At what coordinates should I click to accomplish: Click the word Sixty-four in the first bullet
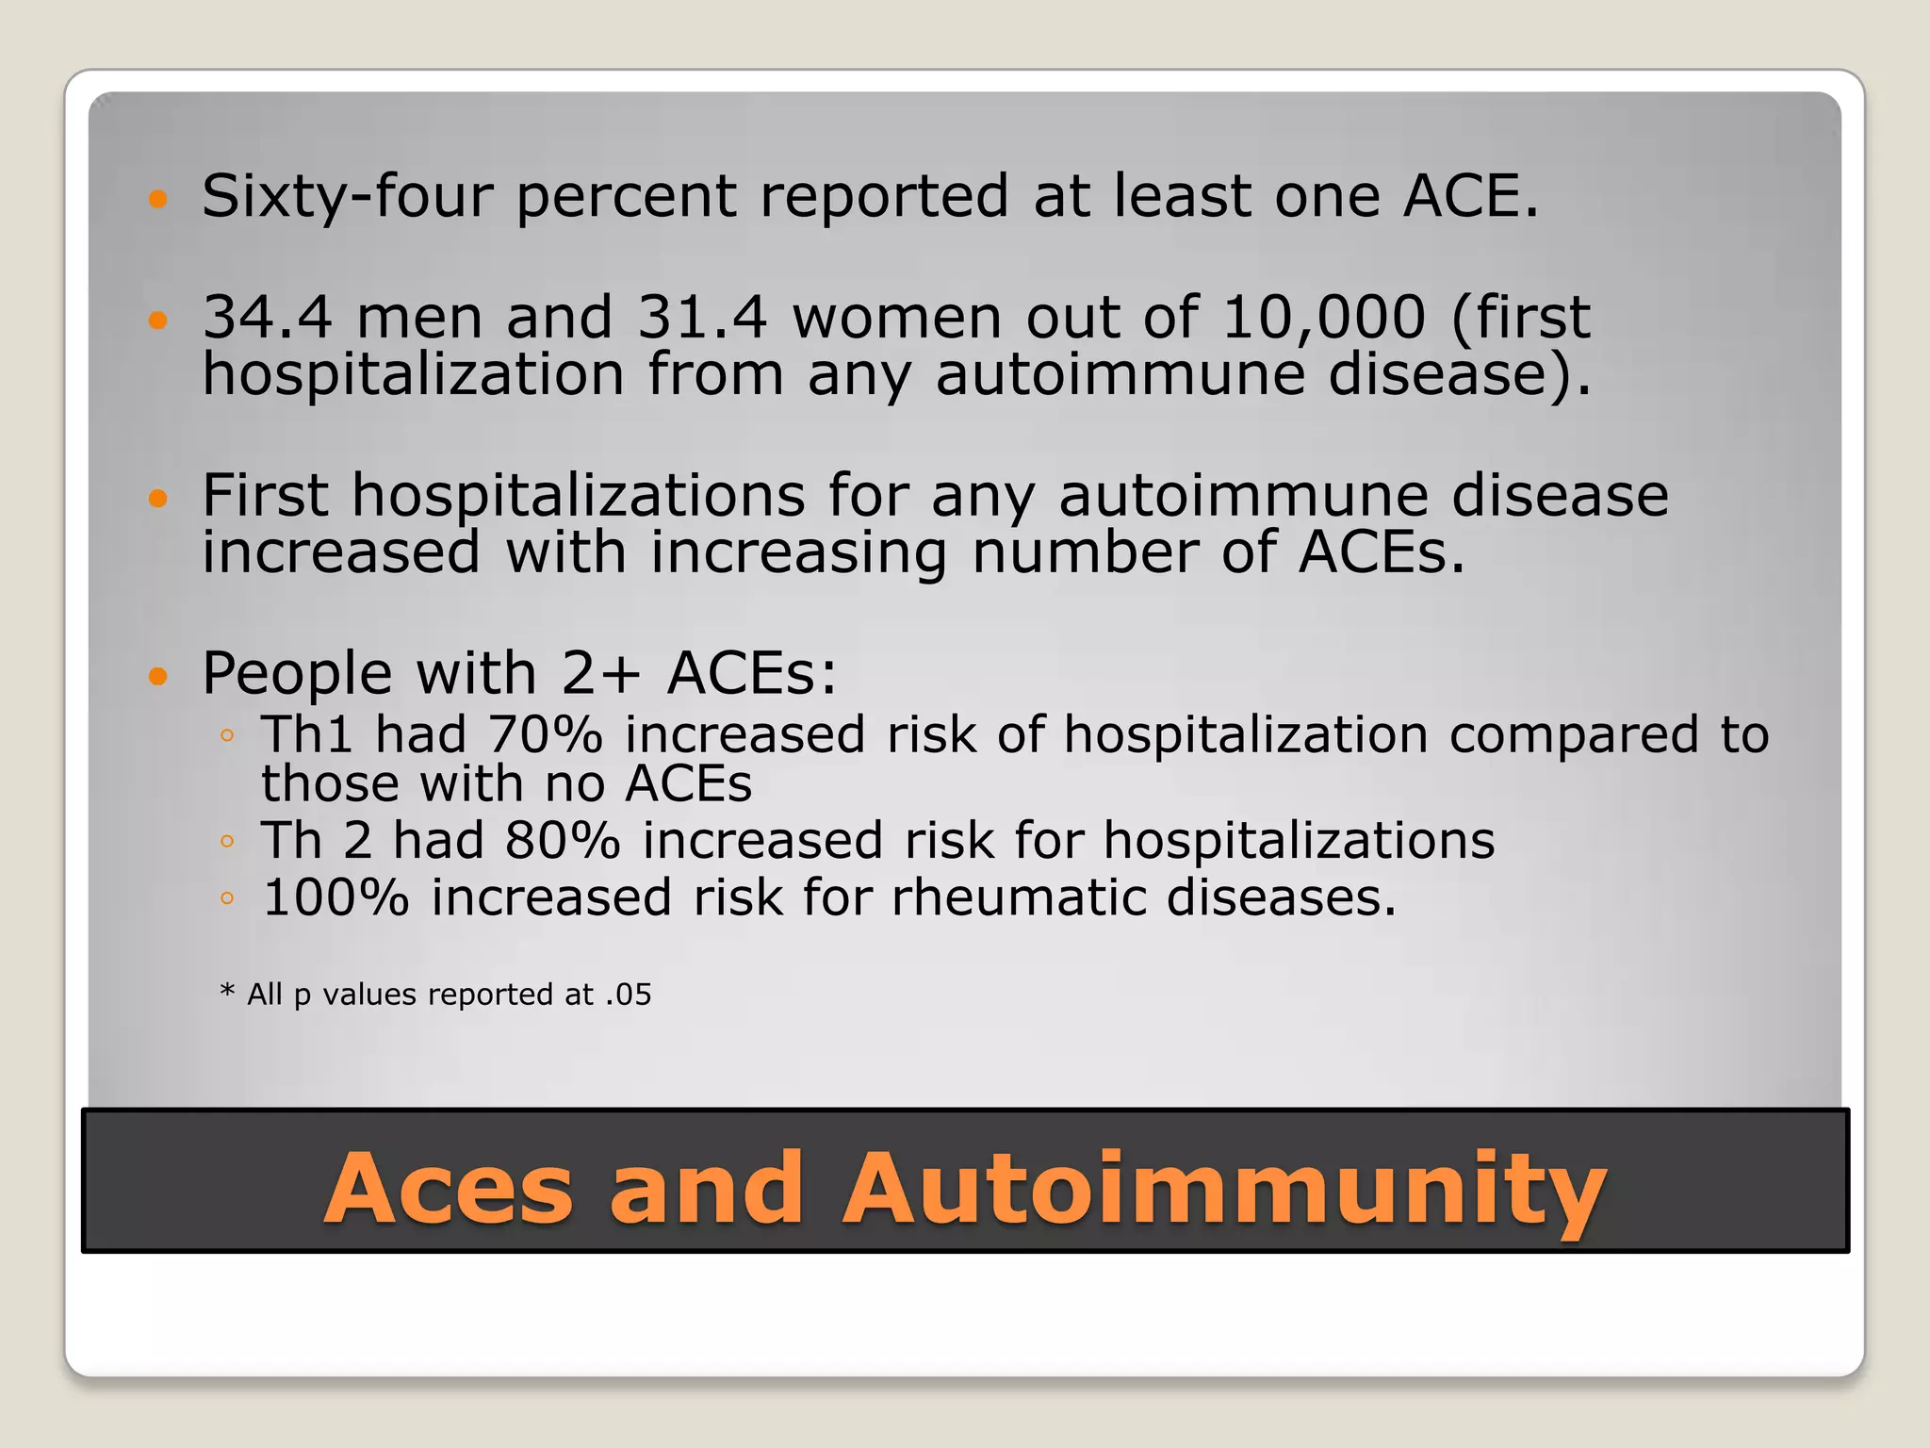click(x=347, y=197)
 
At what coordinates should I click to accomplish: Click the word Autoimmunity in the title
click(x=1224, y=1190)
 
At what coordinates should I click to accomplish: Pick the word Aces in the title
click(x=449, y=1190)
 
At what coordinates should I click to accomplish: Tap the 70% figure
click(x=545, y=735)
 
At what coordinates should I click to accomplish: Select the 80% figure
click(x=563, y=841)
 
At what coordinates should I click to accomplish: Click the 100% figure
click(x=335, y=897)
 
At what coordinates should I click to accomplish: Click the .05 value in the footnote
click(x=628, y=995)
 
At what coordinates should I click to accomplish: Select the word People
click(x=297, y=675)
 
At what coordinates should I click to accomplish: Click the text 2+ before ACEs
click(x=601, y=675)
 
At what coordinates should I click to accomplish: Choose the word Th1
click(x=307, y=735)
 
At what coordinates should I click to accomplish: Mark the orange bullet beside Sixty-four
click(x=157, y=199)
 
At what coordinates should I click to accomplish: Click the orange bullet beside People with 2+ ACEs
click(x=157, y=676)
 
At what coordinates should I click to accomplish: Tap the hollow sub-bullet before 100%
click(x=226, y=898)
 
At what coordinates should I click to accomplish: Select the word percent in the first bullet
click(x=626, y=197)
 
